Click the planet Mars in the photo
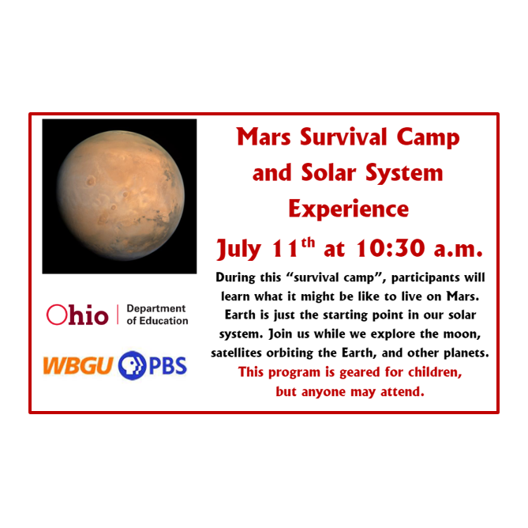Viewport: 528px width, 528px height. tap(120, 196)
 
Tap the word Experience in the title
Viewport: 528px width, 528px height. tap(348, 209)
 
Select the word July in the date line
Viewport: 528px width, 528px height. tap(241, 250)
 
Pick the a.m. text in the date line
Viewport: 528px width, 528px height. tap(454, 250)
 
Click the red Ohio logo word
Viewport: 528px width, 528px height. tap(77, 315)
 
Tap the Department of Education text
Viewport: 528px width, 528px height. tap(156, 315)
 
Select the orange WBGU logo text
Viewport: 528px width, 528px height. tap(78, 367)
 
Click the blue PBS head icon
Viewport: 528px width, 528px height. tap(133, 367)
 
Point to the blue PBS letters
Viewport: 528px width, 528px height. tap(168, 367)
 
